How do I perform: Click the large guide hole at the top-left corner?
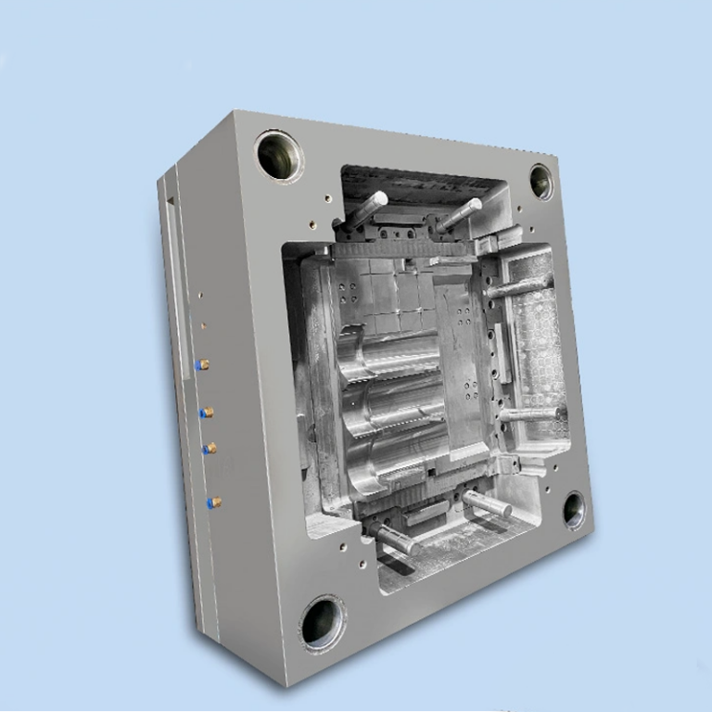(x=279, y=154)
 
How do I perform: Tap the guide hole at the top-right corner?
(x=540, y=182)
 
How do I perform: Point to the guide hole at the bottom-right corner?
(x=574, y=511)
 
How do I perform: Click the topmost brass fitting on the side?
(x=204, y=364)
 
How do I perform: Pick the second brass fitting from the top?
(x=209, y=411)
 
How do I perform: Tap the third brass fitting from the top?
(x=210, y=448)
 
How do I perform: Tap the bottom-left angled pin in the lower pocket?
(x=393, y=537)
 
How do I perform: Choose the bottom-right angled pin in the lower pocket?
(x=488, y=504)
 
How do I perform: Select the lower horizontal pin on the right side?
(x=529, y=414)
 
